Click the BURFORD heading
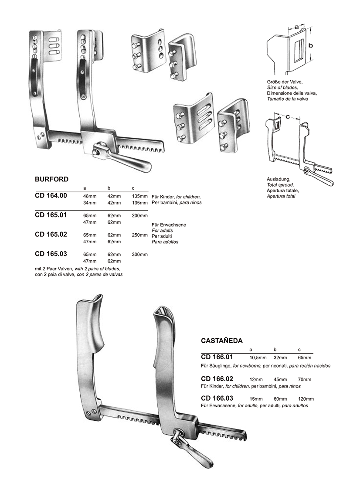[51, 179]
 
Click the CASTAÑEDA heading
[222, 340]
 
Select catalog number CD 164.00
[51, 196]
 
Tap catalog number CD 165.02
[51, 234]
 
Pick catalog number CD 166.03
[217, 398]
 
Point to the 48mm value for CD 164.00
[90, 196]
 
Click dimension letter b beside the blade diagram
[311, 45]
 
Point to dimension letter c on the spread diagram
[288, 117]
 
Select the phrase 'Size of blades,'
[282, 88]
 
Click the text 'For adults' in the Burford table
[162, 230]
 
